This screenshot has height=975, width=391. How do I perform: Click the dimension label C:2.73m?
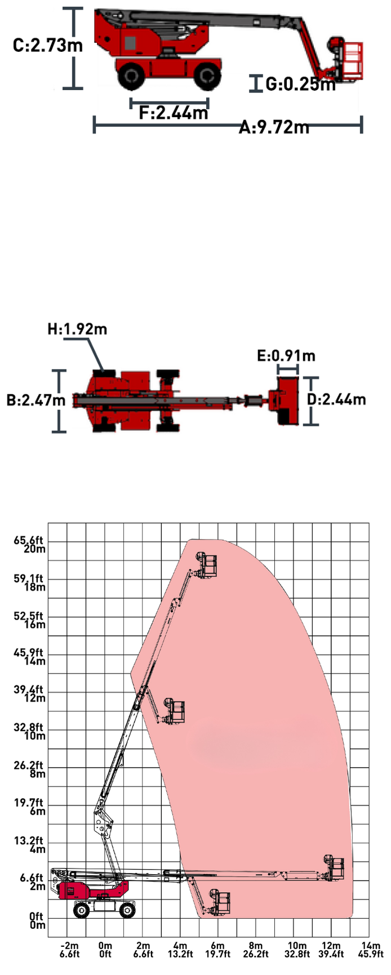[48, 45]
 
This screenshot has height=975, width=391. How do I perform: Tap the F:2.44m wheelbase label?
[174, 113]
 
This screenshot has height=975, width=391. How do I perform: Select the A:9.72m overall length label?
[274, 127]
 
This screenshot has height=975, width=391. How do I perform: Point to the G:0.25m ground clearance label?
[301, 84]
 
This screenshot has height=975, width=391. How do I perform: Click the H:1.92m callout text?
[77, 329]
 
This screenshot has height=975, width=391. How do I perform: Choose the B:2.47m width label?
[36, 400]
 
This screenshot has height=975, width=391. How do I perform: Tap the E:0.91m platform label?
[286, 355]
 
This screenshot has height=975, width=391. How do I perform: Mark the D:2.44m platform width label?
[336, 399]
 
